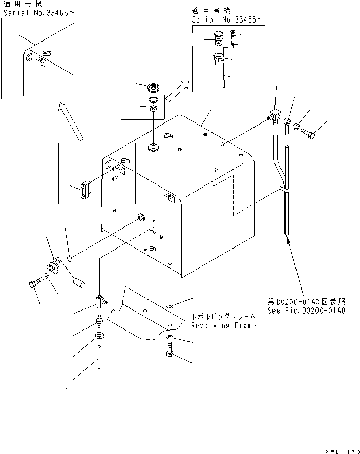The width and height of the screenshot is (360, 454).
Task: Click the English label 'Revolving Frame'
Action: point(223,325)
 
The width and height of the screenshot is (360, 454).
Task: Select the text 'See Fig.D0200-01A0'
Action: point(306,311)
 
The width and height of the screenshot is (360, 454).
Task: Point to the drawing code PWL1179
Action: point(342,450)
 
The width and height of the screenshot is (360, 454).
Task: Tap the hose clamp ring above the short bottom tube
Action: point(101,337)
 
